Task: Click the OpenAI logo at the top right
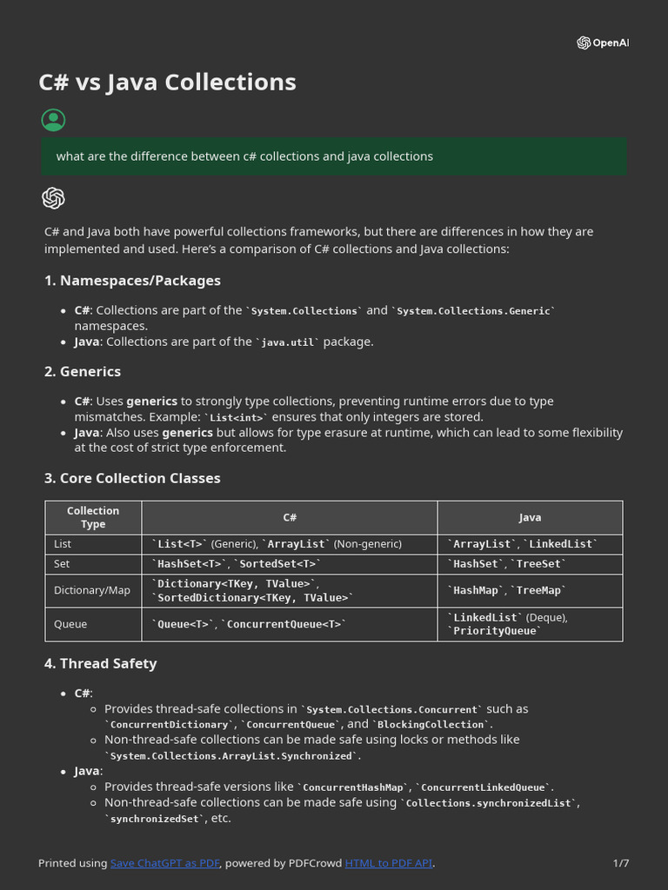602,43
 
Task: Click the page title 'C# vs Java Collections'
167,83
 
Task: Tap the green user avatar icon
53,120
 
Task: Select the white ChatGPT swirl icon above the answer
53,198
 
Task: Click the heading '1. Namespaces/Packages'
132,281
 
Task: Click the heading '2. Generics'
83,371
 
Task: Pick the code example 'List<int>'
237,417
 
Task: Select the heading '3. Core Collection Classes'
132,478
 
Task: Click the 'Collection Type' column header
93,517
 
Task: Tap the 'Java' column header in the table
530,517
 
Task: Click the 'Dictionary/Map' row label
92,590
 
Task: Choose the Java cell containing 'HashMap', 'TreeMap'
507,590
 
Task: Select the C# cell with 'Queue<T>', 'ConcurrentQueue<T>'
249,624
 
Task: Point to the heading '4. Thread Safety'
101,663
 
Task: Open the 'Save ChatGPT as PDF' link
165,863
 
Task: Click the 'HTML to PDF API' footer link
389,863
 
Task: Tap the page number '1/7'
620,863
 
